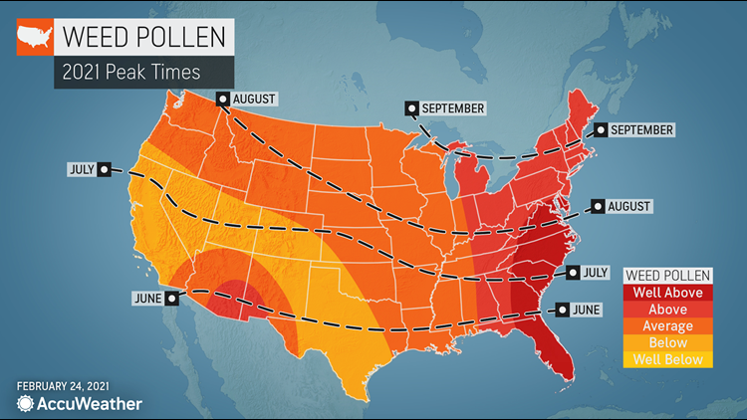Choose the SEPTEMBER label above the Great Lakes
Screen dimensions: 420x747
453,107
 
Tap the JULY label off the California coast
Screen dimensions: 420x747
83,169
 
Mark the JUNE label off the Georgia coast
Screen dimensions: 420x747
585,310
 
